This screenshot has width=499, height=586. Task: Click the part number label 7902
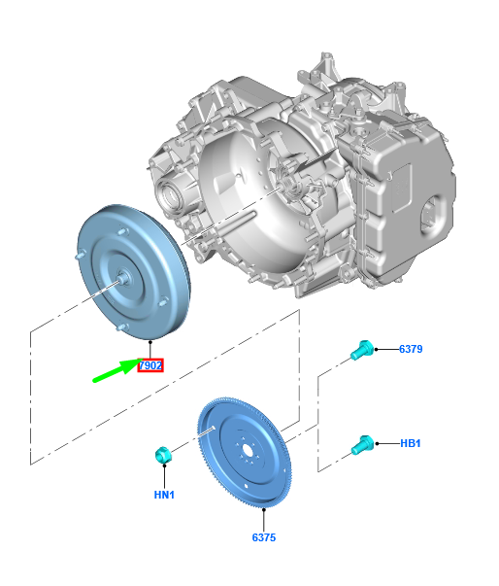click(x=150, y=365)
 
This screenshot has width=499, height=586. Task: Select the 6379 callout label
click(x=411, y=349)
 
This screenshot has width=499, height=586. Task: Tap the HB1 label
click(x=411, y=443)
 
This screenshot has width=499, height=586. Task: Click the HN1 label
click(x=164, y=495)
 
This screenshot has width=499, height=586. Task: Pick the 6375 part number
click(x=264, y=537)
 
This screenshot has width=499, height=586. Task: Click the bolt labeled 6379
click(x=362, y=350)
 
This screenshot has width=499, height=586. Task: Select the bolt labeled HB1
click(x=362, y=445)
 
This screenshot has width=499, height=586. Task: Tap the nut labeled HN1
click(x=162, y=455)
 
